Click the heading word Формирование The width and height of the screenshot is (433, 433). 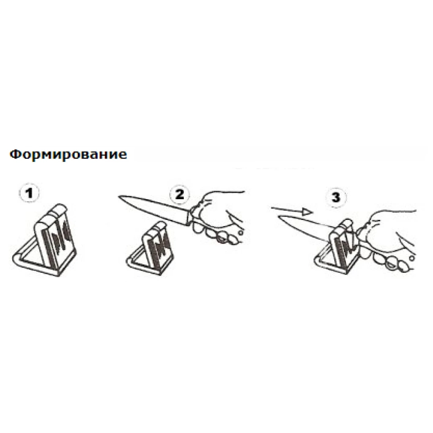(x=68, y=154)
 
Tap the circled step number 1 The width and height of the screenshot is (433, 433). (x=29, y=193)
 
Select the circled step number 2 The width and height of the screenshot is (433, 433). (x=179, y=194)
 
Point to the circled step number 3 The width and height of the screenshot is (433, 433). (x=336, y=197)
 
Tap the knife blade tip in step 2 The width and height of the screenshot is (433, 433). (x=119, y=196)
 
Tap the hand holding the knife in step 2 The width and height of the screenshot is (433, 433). (x=218, y=217)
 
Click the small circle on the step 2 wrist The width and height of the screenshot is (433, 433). (x=241, y=233)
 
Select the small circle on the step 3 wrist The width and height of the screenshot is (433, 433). (x=412, y=258)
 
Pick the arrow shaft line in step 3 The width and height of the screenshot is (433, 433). (x=287, y=210)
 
